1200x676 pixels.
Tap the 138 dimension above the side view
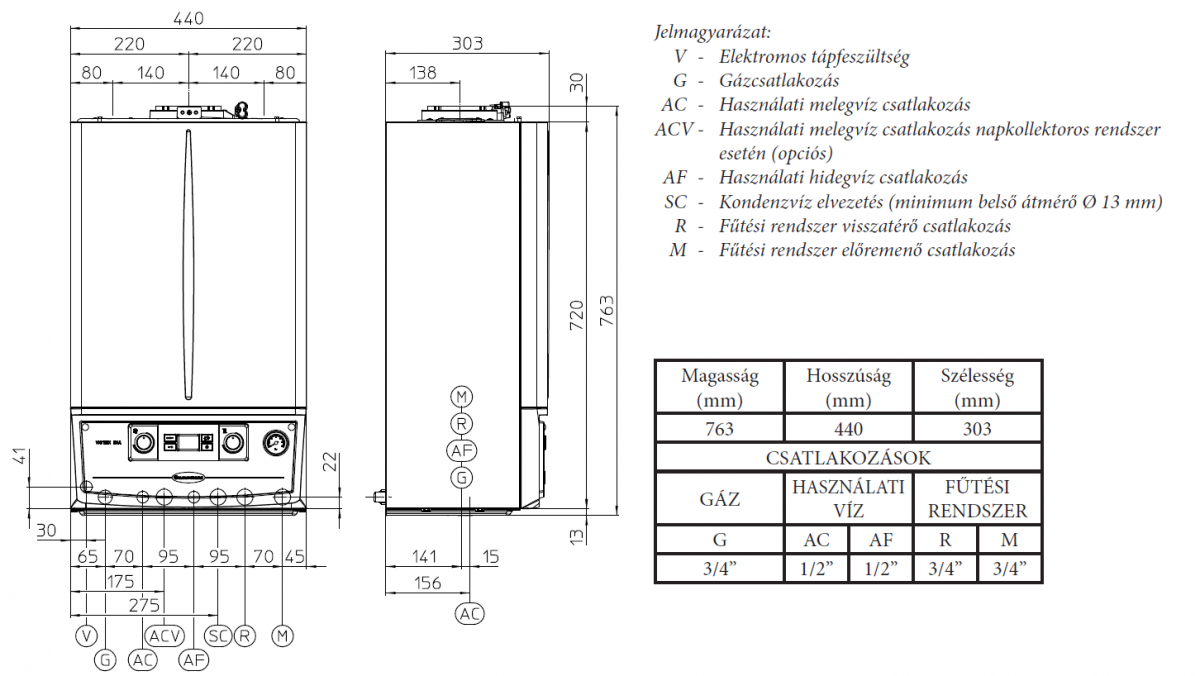pyautogui.click(x=424, y=72)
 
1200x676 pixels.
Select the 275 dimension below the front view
pyautogui.click(x=144, y=605)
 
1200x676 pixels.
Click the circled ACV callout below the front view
pyautogui.click(x=164, y=635)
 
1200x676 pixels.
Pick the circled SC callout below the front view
pyautogui.click(x=218, y=635)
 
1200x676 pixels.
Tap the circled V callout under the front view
pyautogui.click(x=86, y=635)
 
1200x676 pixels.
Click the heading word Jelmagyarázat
pyautogui.click(x=713, y=32)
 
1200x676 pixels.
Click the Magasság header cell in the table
pyautogui.click(x=719, y=388)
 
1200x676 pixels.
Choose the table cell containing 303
pyautogui.click(x=977, y=429)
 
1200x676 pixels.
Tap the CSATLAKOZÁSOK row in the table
pyautogui.click(x=848, y=459)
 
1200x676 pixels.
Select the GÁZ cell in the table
pyautogui.click(x=719, y=498)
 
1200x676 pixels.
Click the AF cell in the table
pyautogui.click(x=880, y=540)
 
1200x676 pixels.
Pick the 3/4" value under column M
pyautogui.click(x=1009, y=569)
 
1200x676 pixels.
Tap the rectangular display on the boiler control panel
pyautogui.click(x=187, y=441)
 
